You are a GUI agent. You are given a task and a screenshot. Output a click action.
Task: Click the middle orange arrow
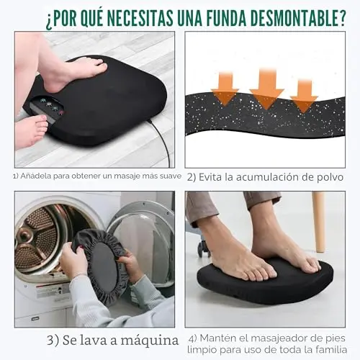266,89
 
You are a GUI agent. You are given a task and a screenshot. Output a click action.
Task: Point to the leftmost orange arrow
225,89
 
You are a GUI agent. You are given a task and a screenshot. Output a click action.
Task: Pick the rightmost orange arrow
304,96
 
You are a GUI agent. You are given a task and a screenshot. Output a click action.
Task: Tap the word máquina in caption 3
149,341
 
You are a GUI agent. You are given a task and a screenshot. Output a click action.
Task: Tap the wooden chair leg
319,221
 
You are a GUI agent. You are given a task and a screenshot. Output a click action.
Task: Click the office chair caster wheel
204,248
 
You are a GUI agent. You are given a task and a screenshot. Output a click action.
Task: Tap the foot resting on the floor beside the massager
31,131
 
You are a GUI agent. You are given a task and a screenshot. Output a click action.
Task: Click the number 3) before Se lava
53,341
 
